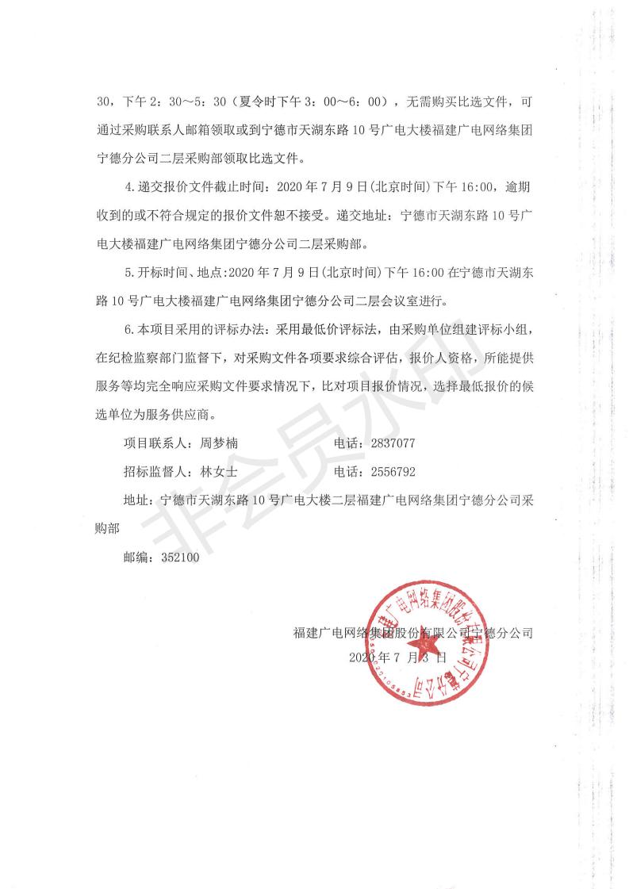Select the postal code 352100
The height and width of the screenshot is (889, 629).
pyautogui.click(x=180, y=558)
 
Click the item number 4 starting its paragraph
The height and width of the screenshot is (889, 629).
pyautogui.click(x=129, y=186)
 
